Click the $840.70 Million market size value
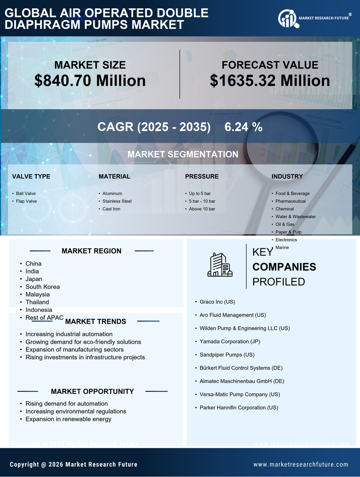pyautogui.click(x=90, y=81)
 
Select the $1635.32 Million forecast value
pyautogui.click(x=270, y=81)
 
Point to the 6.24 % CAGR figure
pyautogui.click(x=243, y=127)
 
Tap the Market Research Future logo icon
pyautogui.click(x=287, y=19)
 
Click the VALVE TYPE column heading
pyautogui.click(x=31, y=177)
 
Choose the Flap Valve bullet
pyautogui.click(x=26, y=201)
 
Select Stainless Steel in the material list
pyautogui.click(x=117, y=201)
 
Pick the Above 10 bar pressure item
pyautogui.click(x=202, y=209)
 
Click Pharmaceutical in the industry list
pyautogui.click(x=290, y=201)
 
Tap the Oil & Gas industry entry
pyautogui.click(x=285, y=224)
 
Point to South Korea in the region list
pyautogui.click(x=43, y=287)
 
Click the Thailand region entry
pyautogui.click(x=37, y=302)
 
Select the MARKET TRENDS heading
pyautogui.click(x=95, y=322)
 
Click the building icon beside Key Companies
pyautogui.click(x=220, y=265)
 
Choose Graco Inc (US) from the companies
pyautogui.click(x=217, y=301)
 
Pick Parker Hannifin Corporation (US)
pyautogui.click(x=239, y=408)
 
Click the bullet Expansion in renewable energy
pyautogui.click(x=68, y=420)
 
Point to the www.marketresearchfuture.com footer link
pyautogui.click(x=301, y=465)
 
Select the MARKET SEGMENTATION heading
pyautogui.click(x=183, y=154)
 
